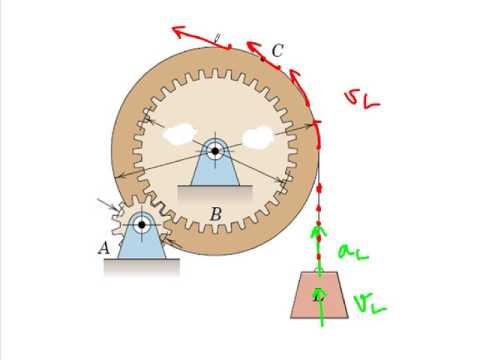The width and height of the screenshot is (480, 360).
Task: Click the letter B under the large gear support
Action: point(215,212)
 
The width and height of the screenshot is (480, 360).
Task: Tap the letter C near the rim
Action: point(277,51)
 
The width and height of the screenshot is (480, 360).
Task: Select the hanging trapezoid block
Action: point(319,295)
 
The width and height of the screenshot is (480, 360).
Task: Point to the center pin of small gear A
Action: point(141,225)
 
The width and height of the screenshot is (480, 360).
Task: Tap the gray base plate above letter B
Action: point(215,193)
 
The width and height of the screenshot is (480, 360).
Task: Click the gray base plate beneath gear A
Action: point(141,265)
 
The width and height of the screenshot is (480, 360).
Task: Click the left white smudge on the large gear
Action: point(180,132)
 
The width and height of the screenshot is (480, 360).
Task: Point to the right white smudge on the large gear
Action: point(257,134)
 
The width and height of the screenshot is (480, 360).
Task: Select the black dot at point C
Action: point(264,59)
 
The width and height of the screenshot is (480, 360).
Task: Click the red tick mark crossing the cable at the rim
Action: point(318,124)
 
